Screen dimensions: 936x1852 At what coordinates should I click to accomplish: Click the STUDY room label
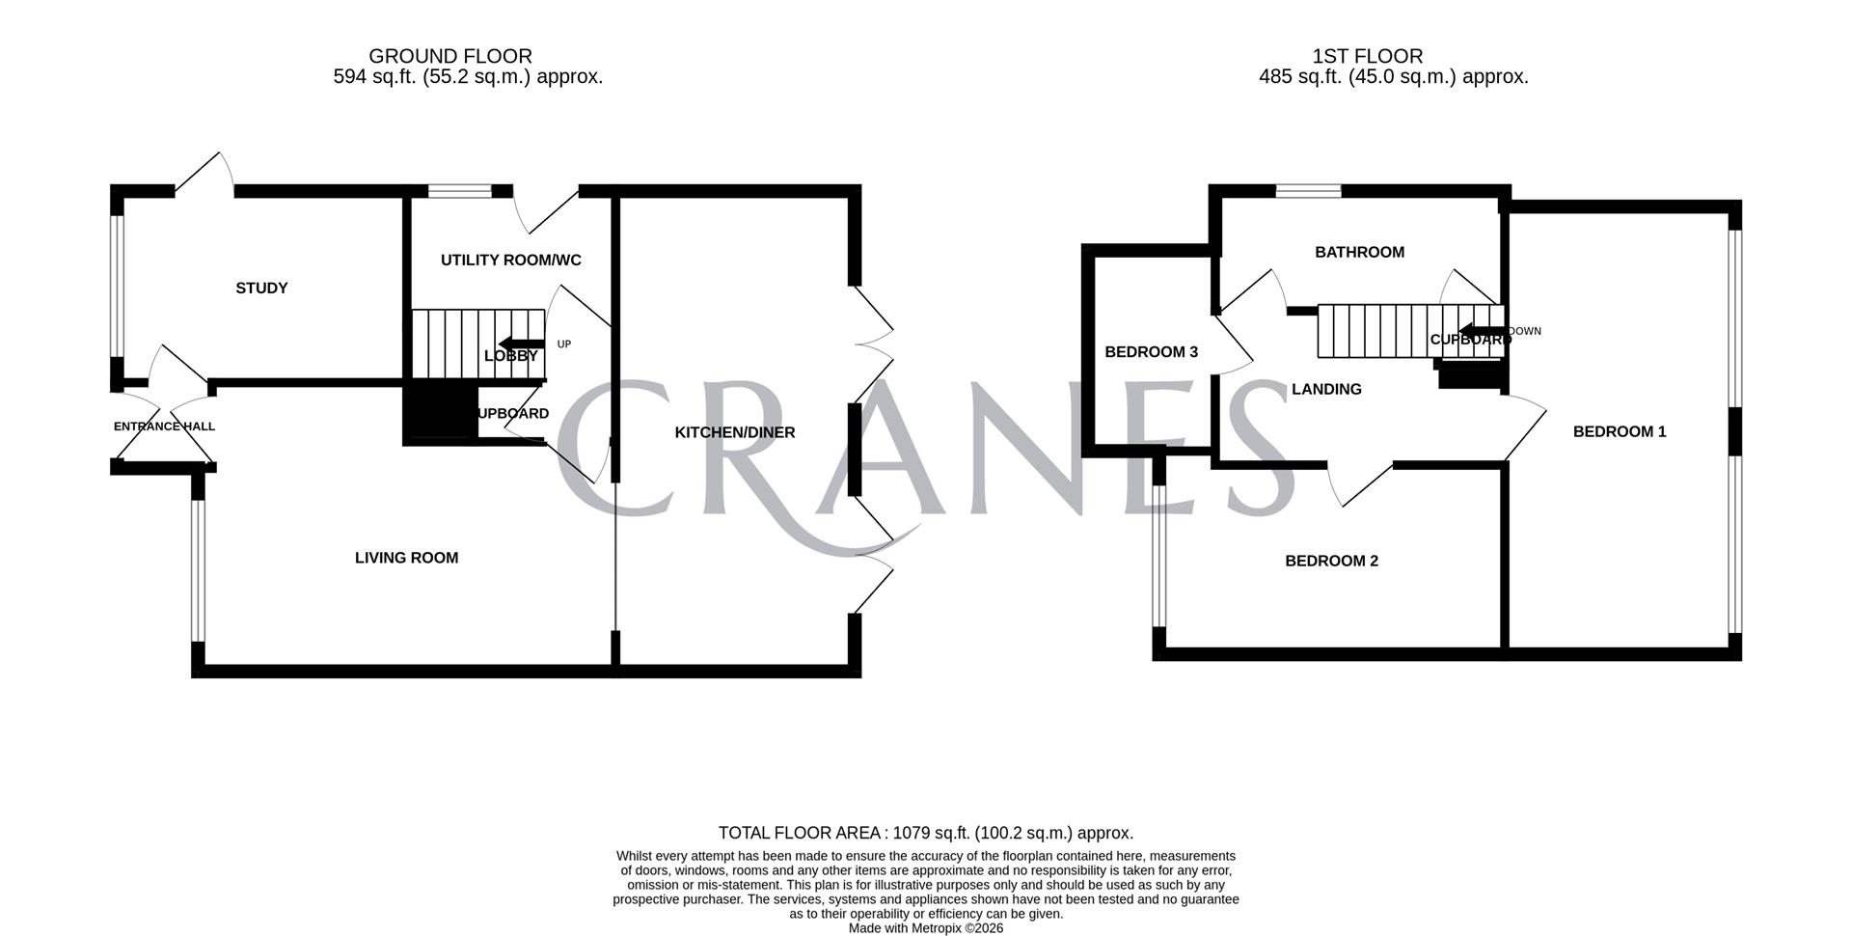[261, 288]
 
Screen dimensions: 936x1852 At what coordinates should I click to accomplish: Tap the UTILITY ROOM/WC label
[510, 260]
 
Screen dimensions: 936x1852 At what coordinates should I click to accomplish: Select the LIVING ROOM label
[406, 558]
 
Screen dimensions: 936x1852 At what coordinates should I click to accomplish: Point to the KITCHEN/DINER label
[734, 432]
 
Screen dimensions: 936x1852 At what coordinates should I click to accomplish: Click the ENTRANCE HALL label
[164, 427]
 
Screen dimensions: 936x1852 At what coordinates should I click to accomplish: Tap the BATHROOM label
[1359, 252]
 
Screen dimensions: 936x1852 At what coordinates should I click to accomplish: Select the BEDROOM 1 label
[1619, 431]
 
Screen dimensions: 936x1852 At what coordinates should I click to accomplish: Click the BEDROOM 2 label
[1331, 561]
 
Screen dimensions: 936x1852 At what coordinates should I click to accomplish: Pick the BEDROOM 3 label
[1151, 352]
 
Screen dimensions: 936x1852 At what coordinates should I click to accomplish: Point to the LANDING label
[1326, 389]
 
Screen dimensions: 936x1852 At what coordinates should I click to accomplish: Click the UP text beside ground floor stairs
[564, 344]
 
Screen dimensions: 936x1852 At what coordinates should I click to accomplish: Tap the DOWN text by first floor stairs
[1524, 331]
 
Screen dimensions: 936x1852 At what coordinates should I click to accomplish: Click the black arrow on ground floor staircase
[521, 344]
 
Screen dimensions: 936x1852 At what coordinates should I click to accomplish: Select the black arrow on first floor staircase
[1481, 332]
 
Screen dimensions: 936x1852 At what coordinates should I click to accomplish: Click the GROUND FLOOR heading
[449, 56]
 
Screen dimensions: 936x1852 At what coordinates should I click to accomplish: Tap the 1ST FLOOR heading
[1367, 56]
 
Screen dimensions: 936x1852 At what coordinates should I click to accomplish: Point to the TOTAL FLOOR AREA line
[925, 833]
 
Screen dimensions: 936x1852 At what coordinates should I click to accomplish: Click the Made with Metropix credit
[925, 928]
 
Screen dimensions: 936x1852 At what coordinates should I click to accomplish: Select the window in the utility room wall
[459, 191]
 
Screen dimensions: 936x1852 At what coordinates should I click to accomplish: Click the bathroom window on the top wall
[1308, 190]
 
